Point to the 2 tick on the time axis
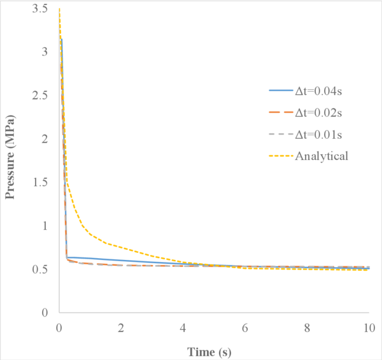tap(121, 326)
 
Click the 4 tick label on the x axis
tap(183, 326)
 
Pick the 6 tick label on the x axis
tap(245, 326)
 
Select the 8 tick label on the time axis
tap(307, 326)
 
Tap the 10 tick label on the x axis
tap(369, 326)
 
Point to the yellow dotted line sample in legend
tap(280, 155)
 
